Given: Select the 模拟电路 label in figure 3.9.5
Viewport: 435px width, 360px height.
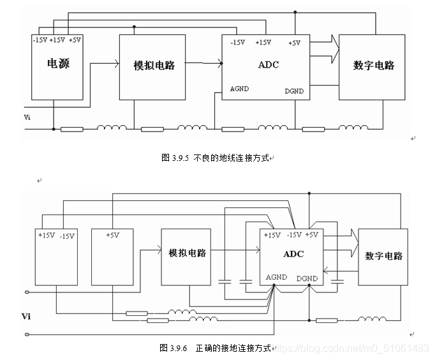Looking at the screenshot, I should (x=154, y=65).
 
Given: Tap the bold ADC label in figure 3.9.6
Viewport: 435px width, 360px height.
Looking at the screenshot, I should (x=293, y=254).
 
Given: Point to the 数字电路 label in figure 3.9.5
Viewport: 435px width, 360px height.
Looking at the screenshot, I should (x=374, y=65).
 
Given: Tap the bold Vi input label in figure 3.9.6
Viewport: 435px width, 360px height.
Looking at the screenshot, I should (x=26, y=316).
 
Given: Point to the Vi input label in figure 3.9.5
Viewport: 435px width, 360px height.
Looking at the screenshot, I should (x=27, y=117).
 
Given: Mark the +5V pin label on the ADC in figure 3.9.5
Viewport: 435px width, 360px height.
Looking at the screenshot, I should (x=294, y=43).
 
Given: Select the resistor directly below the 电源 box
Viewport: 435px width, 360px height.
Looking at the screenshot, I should (x=71, y=130).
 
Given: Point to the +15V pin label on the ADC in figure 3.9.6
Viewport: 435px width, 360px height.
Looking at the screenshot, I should (x=272, y=235).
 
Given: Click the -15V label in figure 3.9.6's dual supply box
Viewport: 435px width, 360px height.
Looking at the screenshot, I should (x=67, y=236).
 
